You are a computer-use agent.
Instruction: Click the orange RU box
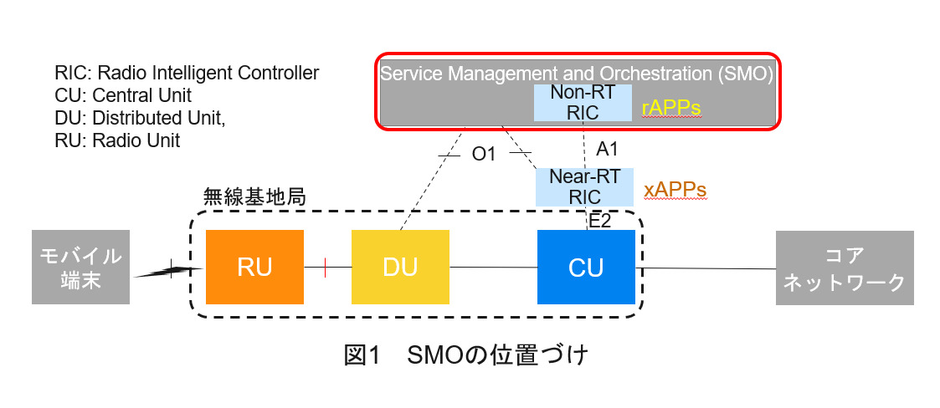[x=254, y=267]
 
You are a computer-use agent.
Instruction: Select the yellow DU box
[x=400, y=267]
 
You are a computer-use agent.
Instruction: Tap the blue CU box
[x=586, y=267]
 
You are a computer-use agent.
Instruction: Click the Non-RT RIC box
[x=583, y=103]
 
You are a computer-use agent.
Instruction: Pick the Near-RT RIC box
[x=583, y=187]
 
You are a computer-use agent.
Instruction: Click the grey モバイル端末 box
[x=81, y=267]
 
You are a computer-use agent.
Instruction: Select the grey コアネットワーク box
[x=844, y=268]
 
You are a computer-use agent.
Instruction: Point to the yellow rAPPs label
[x=670, y=109]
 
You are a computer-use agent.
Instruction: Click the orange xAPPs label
[x=675, y=191]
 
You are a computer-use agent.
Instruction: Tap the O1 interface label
[x=485, y=155]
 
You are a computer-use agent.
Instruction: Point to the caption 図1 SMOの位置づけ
[x=466, y=354]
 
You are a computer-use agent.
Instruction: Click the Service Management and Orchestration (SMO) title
[x=578, y=73]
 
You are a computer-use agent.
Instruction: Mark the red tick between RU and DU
[x=325, y=267]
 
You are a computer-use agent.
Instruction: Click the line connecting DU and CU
[x=492, y=268]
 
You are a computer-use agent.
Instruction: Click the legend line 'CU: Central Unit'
[x=123, y=94]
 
